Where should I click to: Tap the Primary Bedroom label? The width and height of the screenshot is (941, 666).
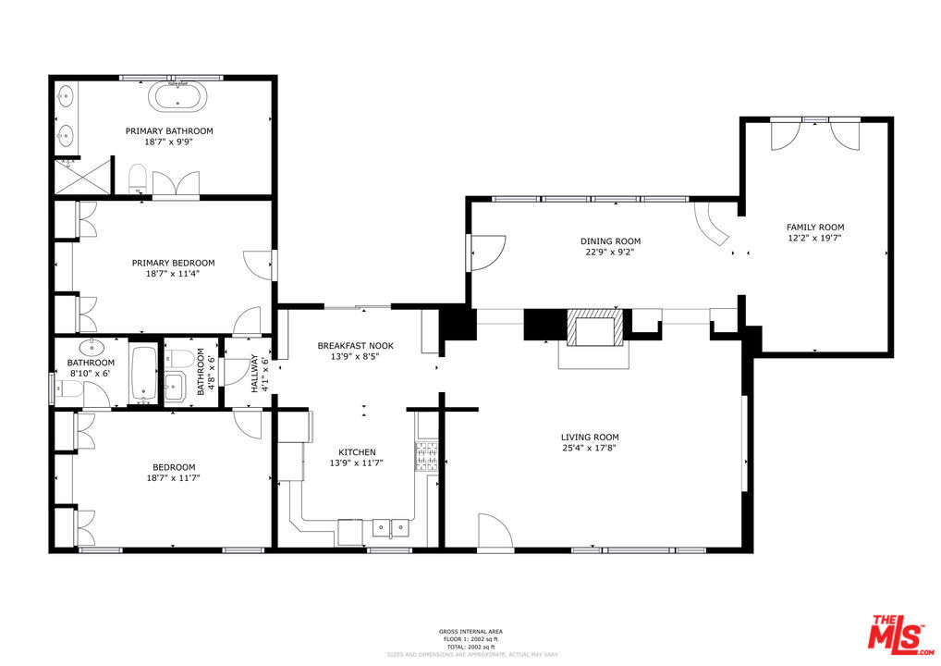173,263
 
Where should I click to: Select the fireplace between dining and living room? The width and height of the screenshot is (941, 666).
594,329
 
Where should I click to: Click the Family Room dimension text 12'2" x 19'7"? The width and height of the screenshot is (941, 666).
814,238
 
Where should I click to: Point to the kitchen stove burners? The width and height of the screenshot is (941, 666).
428,456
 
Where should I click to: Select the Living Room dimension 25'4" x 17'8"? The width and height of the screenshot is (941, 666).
590,448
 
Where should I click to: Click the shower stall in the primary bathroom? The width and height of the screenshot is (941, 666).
80,177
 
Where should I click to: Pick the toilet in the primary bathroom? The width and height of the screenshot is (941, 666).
138,177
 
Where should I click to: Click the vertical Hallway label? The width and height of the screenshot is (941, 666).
254,375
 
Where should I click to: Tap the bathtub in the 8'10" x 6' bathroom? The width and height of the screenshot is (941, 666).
143,374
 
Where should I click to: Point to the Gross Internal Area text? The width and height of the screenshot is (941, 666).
470,632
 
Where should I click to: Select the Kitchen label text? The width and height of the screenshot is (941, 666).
356,451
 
